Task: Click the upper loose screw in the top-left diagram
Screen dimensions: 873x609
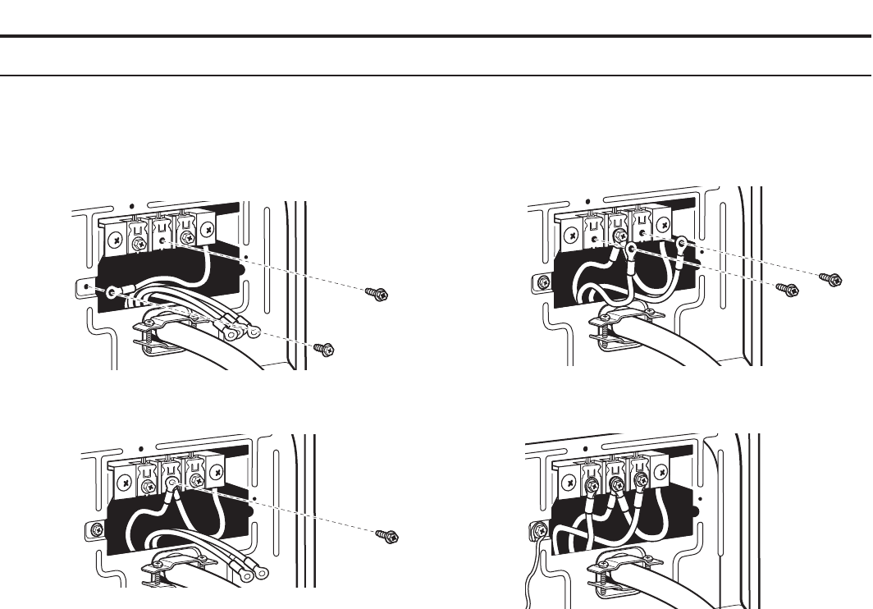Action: [x=378, y=293]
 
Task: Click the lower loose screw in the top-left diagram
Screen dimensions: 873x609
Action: [x=325, y=349]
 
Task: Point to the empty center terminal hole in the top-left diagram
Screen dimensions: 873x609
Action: [x=163, y=240]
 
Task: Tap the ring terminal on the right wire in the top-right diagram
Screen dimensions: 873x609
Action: [x=681, y=242]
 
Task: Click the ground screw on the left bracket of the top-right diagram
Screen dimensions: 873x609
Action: [x=542, y=282]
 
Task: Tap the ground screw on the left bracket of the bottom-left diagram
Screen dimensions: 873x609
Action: [x=97, y=527]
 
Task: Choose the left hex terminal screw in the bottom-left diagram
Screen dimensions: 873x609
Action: [x=149, y=486]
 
